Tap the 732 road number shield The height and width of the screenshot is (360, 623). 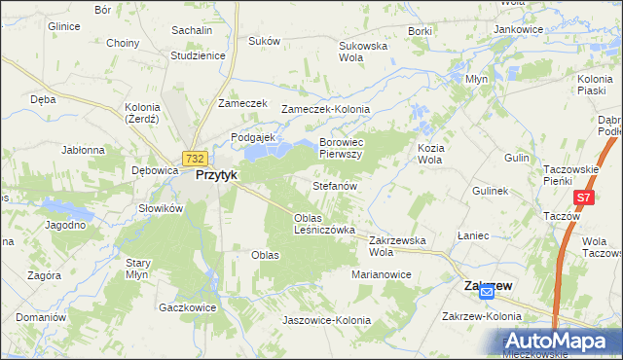(x=195, y=159)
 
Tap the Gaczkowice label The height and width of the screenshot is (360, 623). (x=187, y=306)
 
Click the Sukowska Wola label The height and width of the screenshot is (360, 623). (x=363, y=52)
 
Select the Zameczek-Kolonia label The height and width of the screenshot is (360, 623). (x=320, y=109)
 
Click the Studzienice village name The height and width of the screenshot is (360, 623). (x=198, y=55)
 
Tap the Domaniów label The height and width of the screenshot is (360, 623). (x=40, y=317)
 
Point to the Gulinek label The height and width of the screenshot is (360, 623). (x=491, y=191)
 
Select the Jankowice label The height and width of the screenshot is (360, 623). (x=518, y=29)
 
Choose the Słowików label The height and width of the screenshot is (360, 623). (x=161, y=208)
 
